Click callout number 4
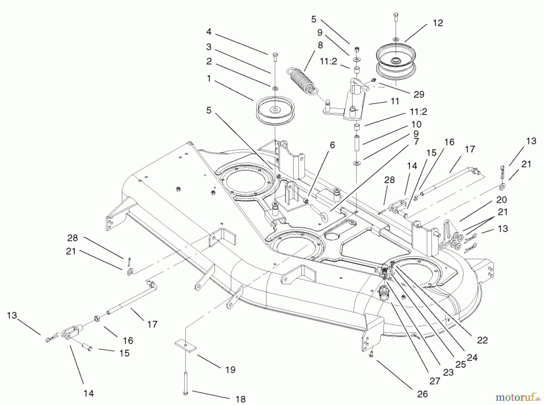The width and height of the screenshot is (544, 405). click(209, 32)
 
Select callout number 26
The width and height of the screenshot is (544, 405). click(423, 394)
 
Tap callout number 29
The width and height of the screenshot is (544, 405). click(419, 95)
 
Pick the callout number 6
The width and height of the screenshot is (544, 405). click(332, 145)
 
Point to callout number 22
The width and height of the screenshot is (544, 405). click(482, 340)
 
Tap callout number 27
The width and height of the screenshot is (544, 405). click(435, 381)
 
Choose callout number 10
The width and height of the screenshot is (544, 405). click(416, 124)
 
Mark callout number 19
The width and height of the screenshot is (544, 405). click(230, 370)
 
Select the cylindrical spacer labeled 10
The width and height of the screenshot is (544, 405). click(357, 144)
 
